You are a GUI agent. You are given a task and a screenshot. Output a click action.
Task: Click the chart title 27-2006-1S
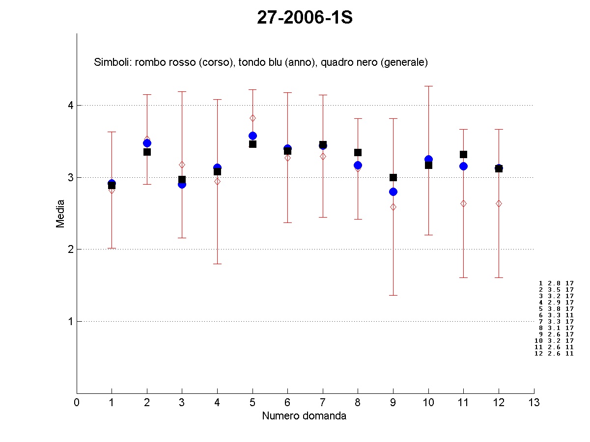[305, 18]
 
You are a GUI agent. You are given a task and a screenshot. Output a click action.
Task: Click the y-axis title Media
[60, 213]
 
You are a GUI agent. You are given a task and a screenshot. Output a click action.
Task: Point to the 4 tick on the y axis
[70, 105]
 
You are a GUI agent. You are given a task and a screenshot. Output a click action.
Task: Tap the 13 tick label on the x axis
[534, 403]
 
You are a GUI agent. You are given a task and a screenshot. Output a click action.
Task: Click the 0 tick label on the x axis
[77, 403]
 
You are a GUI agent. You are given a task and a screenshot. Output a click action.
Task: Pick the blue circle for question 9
[393, 192]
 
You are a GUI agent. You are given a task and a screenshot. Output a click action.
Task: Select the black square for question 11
[463, 154]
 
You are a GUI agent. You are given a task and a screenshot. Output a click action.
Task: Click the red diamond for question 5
[253, 118]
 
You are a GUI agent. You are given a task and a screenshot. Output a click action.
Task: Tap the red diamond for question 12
[499, 203]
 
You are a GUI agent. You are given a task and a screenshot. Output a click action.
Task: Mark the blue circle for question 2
[147, 143]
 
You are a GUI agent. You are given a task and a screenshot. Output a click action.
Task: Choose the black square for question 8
[358, 152]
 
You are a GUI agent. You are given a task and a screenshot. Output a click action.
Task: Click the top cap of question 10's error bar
[428, 86]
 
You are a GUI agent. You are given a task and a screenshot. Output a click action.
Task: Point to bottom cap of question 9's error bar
[393, 295]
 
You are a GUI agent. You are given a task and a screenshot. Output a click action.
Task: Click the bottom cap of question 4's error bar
[217, 264]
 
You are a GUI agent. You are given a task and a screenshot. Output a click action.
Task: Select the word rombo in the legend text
[147, 62]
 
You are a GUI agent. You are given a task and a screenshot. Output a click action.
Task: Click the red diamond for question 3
[182, 165]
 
